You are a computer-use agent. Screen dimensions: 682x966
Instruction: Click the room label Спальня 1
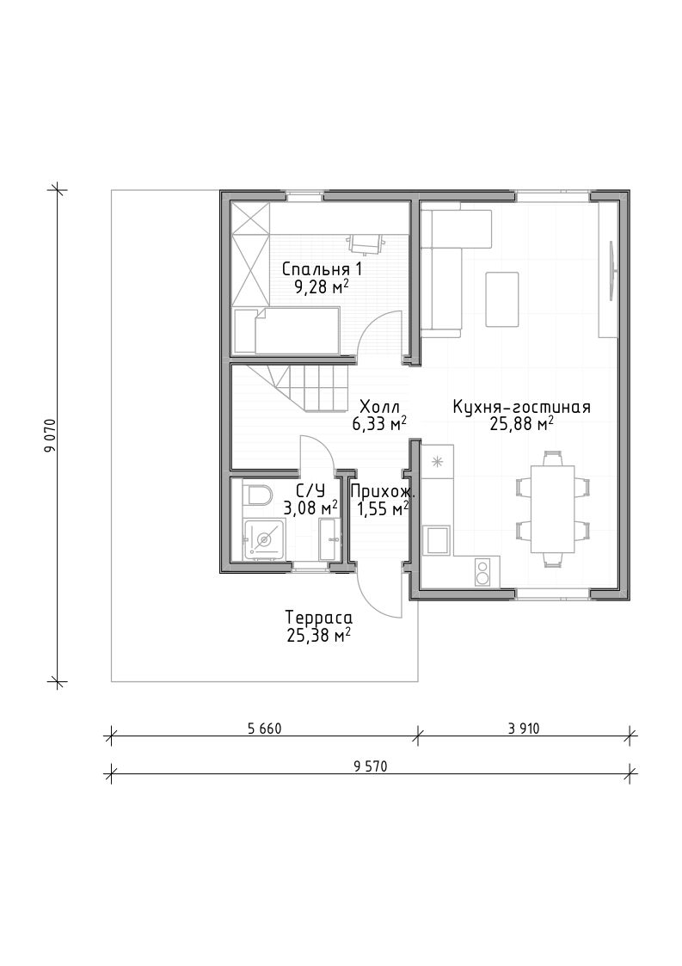click(x=322, y=269)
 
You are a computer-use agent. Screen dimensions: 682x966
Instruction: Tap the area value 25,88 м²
click(x=521, y=423)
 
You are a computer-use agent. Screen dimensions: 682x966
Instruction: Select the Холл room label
click(x=379, y=407)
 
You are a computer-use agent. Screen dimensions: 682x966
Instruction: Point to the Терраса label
click(x=318, y=618)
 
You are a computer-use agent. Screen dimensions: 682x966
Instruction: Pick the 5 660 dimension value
click(x=264, y=729)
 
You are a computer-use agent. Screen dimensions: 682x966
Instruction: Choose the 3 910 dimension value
click(x=524, y=729)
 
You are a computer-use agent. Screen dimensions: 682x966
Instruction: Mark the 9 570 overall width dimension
click(x=371, y=766)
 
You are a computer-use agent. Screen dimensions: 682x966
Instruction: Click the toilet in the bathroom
click(x=257, y=495)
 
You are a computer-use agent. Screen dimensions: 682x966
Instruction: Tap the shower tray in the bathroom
click(x=264, y=539)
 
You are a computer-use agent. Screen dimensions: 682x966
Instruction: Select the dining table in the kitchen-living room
click(x=553, y=509)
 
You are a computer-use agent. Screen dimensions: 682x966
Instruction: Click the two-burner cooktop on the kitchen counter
click(x=482, y=571)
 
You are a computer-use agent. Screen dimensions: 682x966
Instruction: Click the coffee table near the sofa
click(x=502, y=298)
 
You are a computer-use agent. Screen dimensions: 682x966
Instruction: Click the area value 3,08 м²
click(x=310, y=508)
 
